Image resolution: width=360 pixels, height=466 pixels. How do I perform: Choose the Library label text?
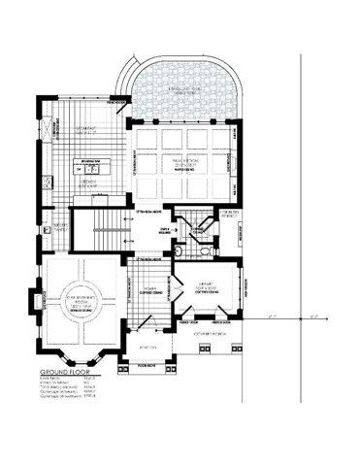[207, 287]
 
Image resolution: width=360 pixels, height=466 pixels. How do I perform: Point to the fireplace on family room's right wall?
[234, 165]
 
